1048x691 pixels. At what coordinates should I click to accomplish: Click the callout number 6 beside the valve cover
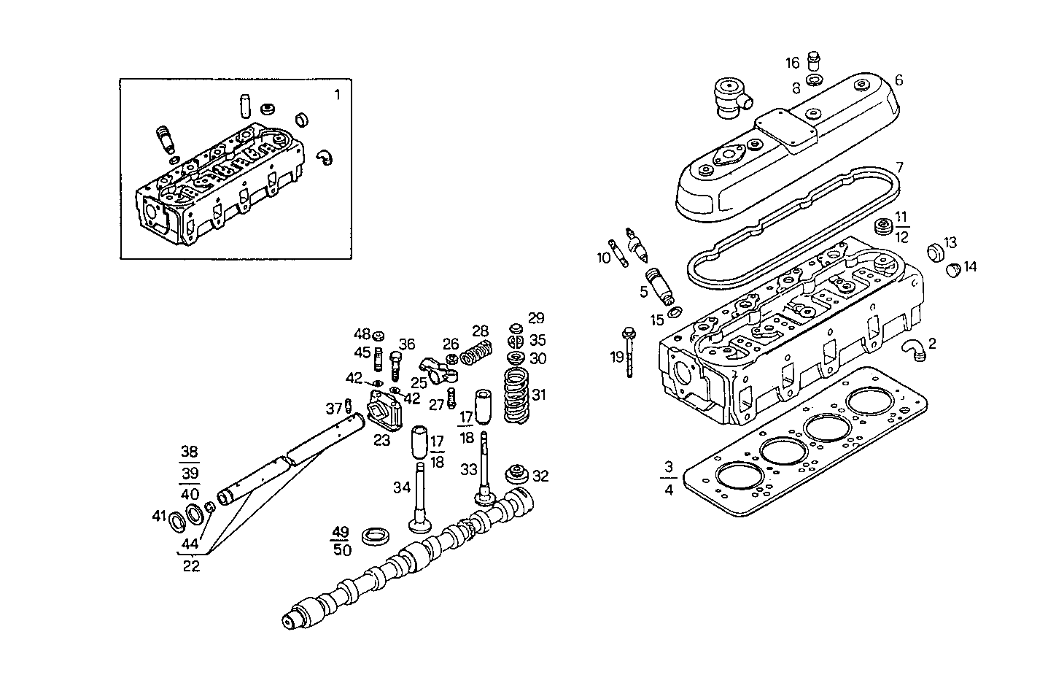[x=898, y=80]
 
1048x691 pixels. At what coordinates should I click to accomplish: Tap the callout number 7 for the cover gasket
[x=899, y=167]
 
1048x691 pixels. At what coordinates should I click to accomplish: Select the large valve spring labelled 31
[x=517, y=395]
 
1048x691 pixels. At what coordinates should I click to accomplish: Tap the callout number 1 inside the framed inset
[x=337, y=95]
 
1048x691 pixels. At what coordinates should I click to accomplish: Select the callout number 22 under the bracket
[x=191, y=565]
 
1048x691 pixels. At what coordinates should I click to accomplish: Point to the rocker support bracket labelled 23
[x=384, y=412]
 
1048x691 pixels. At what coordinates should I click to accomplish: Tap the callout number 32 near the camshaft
[x=540, y=476]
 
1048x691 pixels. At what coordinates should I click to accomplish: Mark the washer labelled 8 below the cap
[x=815, y=80]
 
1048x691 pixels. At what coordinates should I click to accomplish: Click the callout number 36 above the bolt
[x=406, y=344]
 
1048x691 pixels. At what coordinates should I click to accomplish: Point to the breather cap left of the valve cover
[x=726, y=98]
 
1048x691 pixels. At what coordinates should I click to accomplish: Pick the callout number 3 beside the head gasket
[x=669, y=466]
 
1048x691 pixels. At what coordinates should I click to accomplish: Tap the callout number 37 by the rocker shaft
[x=333, y=407]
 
